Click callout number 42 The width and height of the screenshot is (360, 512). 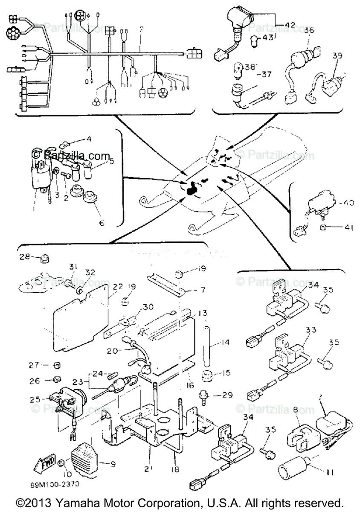pos(290,25)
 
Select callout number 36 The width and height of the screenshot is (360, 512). pos(309,31)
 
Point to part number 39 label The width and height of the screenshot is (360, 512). pos(337,56)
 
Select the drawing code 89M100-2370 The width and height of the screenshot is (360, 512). pos(54,485)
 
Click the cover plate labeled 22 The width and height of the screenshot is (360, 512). pos(79,324)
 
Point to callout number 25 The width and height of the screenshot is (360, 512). pos(35,400)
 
